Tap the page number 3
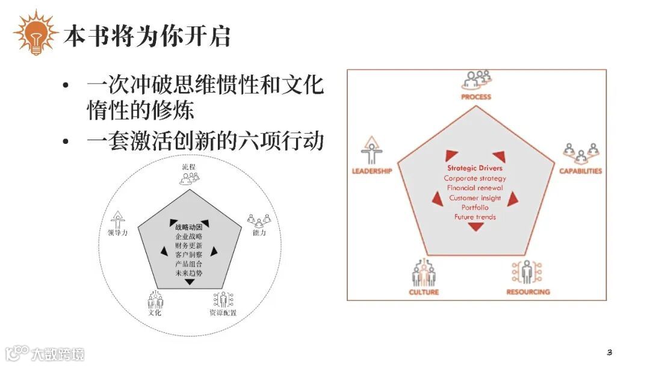[609, 352]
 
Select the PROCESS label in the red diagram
[476, 96]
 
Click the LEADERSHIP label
[372, 171]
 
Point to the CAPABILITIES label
[580, 171]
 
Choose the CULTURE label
[424, 292]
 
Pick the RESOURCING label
[528, 292]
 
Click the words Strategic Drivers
[475, 168]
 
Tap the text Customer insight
[475, 198]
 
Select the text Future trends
[475, 217]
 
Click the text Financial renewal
[475, 188]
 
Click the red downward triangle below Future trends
[476, 227]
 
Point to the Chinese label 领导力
[117, 233]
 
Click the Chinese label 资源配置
[223, 312]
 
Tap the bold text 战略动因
[189, 228]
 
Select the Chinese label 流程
[189, 166]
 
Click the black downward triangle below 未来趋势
[190, 282]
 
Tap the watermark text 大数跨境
[58, 353]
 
